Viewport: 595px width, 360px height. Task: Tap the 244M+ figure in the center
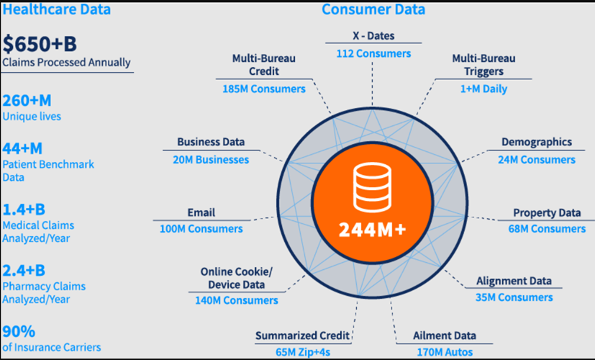point(372,230)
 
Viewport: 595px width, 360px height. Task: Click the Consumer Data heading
point(373,9)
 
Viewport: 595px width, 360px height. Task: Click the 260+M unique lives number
point(27,100)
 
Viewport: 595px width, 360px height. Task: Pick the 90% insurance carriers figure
point(19,331)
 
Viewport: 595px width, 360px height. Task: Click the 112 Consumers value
point(373,53)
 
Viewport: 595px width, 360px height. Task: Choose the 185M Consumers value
point(263,89)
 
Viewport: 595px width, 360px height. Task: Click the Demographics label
point(537,142)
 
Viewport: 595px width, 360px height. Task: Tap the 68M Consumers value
point(547,229)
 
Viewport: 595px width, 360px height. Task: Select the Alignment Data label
point(514,280)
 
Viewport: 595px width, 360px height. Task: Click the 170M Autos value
point(444,352)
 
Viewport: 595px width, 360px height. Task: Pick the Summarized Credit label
point(303,336)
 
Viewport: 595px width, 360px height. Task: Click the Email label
point(201,212)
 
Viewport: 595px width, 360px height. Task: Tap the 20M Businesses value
point(210,159)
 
